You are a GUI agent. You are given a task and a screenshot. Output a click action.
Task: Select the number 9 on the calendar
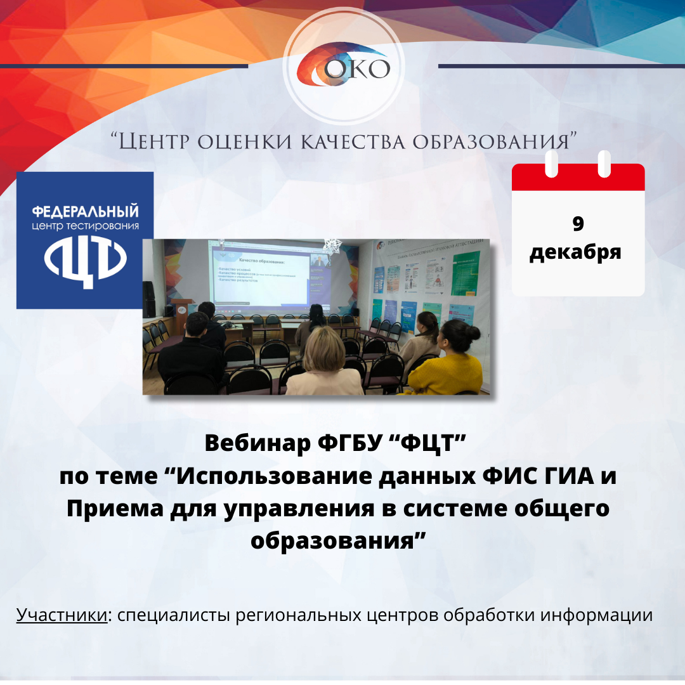(x=578, y=224)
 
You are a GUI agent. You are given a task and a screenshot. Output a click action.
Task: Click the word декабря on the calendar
(x=575, y=252)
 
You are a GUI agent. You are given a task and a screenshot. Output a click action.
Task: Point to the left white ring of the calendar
(x=552, y=163)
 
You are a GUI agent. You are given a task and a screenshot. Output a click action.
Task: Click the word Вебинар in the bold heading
(x=259, y=444)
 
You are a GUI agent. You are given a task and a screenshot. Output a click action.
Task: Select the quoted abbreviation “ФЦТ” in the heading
(x=431, y=444)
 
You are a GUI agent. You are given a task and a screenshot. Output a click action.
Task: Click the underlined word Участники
(x=62, y=615)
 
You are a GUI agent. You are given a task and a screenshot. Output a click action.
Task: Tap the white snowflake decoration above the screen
(x=330, y=245)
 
